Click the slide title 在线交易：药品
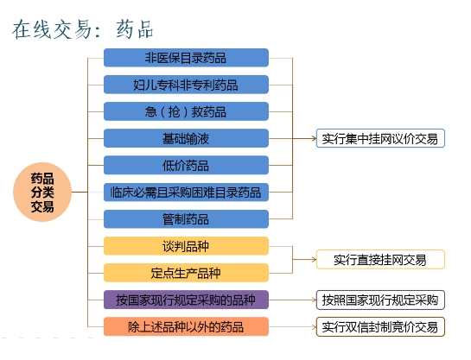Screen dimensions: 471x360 click(83, 29)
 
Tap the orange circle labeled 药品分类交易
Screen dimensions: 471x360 click(42, 192)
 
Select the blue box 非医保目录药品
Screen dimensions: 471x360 click(186, 58)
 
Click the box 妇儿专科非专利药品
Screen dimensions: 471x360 click(186, 85)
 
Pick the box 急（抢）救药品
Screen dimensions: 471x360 click(186, 111)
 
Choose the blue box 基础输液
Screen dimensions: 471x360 click(186, 138)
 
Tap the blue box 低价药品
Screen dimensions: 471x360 click(186, 165)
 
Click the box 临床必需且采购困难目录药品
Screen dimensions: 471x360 click(186, 192)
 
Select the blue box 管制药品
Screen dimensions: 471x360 click(186, 219)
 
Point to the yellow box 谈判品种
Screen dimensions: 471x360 click(186, 246)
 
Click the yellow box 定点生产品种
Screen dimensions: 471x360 click(186, 273)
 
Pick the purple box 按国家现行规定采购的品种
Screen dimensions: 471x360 click(186, 300)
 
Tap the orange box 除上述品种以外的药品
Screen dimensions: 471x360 click(186, 326)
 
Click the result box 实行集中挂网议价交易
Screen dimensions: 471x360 click(380, 138)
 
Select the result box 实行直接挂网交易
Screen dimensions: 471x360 click(380, 260)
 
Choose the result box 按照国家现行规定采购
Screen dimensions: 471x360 click(380, 300)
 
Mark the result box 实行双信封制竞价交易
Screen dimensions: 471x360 click(380, 326)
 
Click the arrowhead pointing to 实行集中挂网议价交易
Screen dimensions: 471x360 click(315, 138)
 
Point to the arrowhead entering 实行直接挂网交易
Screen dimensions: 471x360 click(315, 260)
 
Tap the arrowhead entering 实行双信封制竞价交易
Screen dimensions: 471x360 click(315, 326)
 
